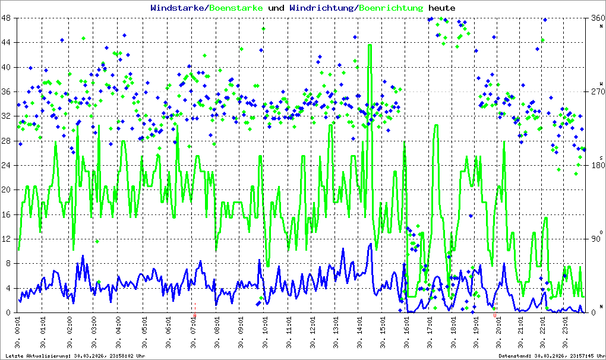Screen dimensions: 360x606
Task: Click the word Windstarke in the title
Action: [173, 8]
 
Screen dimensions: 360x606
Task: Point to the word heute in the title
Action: [442, 8]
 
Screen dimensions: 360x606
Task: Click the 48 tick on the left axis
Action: [10, 18]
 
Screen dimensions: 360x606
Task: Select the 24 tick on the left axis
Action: [10, 165]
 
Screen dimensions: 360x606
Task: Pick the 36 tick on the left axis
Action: [10, 91]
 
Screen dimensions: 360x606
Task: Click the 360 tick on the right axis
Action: [596, 18]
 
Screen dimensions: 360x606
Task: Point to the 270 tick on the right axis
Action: [596, 91]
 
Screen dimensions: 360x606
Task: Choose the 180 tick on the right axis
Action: [596, 165]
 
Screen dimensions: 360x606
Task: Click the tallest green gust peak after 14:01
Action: [370, 45]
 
